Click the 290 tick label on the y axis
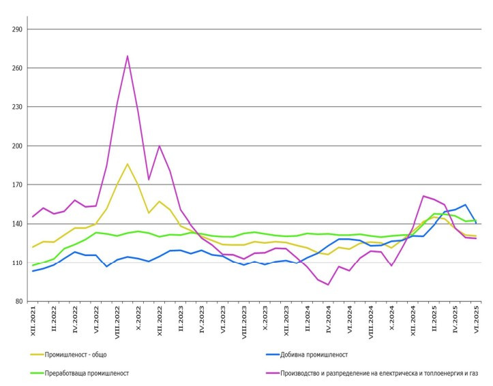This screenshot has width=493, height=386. [x=18, y=29]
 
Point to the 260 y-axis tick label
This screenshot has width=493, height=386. [x=18, y=68]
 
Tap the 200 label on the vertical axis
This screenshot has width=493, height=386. [x=18, y=146]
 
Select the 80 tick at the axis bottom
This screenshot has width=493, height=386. [x=20, y=302]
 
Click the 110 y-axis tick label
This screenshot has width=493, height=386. [x=18, y=263]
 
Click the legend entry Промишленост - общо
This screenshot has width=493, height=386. [x=76, y=354]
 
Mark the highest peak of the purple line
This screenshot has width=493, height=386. [x=128, y=56]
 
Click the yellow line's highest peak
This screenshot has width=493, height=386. [x=128, y=164]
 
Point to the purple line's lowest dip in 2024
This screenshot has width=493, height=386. [x=328, y=285]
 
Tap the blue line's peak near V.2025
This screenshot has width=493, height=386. [x=465, y=205]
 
